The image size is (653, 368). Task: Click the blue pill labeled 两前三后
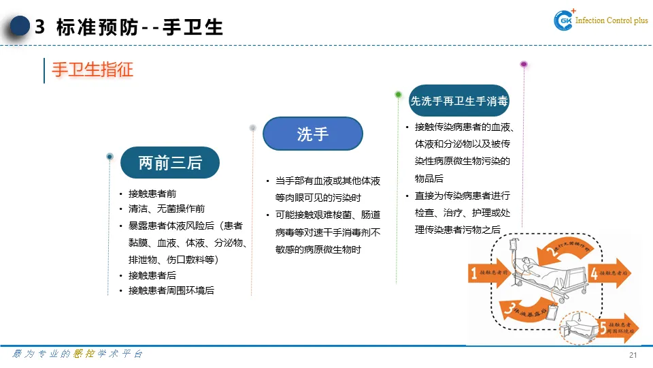point(170,163)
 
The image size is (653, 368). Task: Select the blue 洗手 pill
point(313,134)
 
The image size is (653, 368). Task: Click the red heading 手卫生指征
point(93,70)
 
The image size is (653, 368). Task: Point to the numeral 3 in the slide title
point(39,27)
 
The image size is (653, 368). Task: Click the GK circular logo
point(565,21)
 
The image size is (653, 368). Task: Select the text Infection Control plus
point(612,21)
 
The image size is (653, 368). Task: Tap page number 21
point(633,355)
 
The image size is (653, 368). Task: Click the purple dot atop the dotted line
point(524,65)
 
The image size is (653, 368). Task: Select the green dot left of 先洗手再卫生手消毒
point(399,95)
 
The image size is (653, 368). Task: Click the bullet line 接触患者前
point(152,194)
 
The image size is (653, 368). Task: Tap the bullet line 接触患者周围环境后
point(171,290)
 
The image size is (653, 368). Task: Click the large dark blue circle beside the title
point(20,26)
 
